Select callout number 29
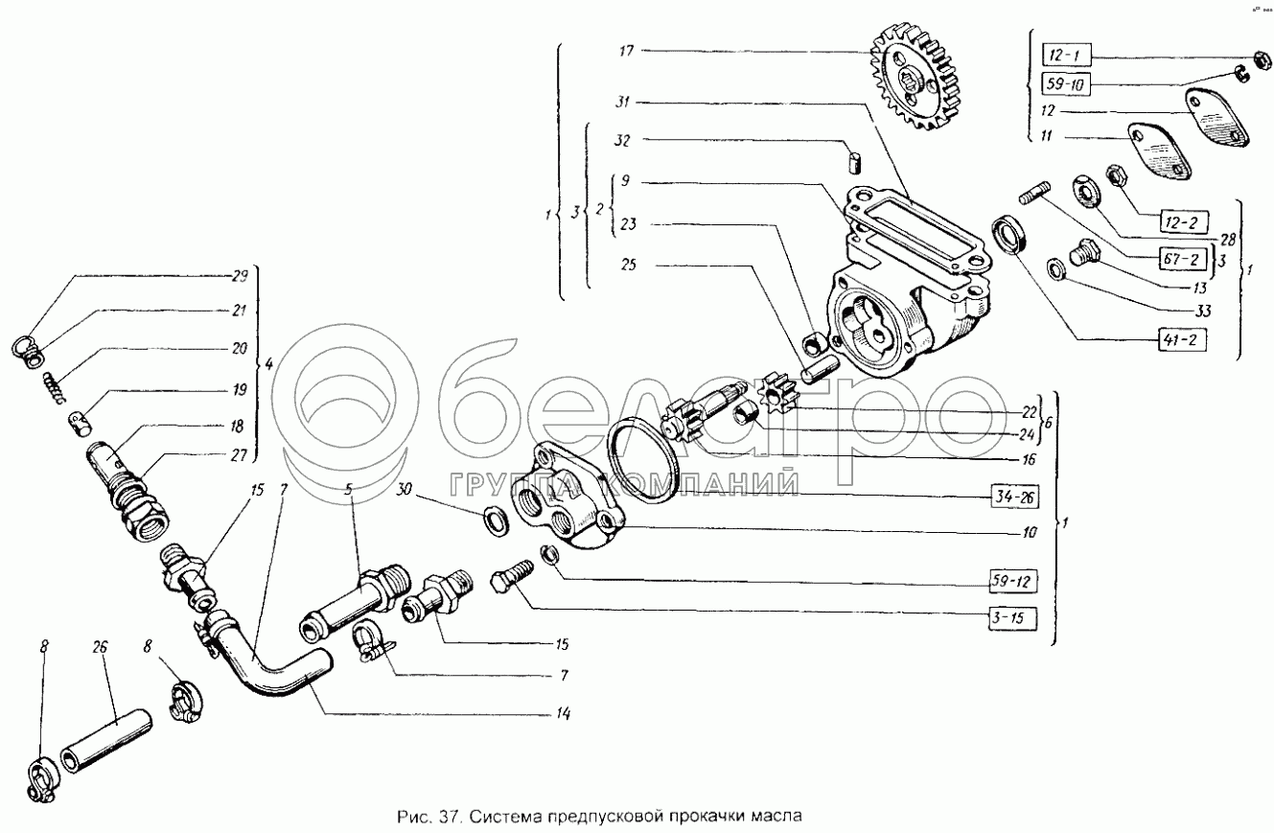(239, 277)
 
